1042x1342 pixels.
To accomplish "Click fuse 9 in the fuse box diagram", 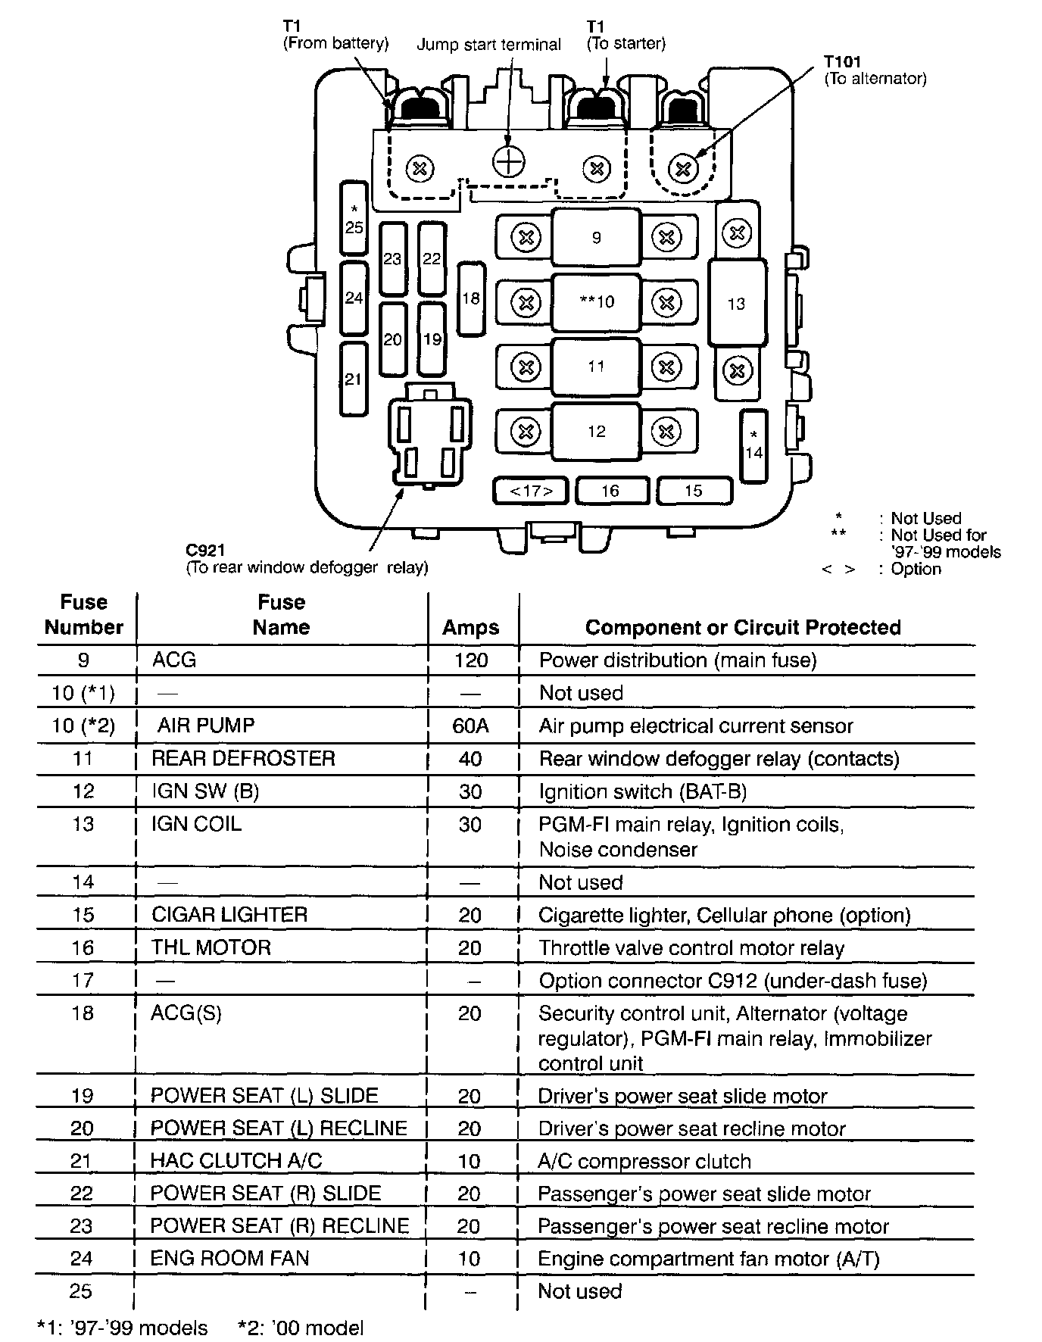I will [596, 237].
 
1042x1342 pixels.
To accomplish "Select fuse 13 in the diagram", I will [736, 304].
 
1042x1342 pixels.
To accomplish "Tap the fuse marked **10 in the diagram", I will [596, 302].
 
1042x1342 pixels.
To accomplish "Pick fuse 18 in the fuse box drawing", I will [471, 298].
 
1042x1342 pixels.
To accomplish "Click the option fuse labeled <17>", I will [531, 491].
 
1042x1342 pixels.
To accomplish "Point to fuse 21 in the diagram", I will [354, 379].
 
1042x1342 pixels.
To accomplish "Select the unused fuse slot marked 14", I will [753, 446].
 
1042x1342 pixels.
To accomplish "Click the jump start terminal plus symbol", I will [509, 160].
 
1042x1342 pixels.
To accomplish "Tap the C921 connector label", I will [205, 551].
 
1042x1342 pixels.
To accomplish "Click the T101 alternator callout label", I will [843, 62].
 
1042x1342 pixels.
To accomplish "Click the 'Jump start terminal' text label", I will [488, 45].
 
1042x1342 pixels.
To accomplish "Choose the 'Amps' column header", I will [470, 627].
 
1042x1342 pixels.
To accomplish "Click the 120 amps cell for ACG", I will [470, 660].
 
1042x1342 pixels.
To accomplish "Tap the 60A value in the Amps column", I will [470, 726].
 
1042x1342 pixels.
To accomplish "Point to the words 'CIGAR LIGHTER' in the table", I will [229, 915].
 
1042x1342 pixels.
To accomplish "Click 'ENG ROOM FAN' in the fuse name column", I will [229, 1259].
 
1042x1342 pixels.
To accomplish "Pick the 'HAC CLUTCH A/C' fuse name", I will [236, 1161].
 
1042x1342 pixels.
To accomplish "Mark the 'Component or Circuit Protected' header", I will [742, 627].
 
